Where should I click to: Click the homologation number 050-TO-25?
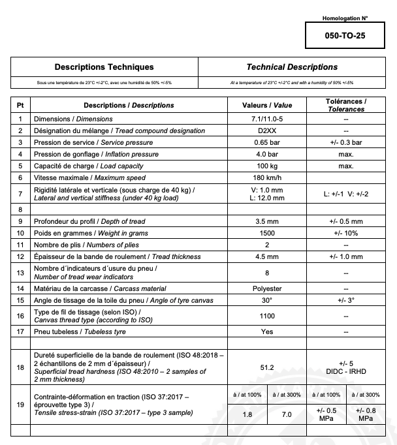pos(345,36)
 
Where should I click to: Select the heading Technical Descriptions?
pos(292,67)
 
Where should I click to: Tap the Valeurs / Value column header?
pos(267,105)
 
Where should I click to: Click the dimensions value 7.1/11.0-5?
pos(267,119)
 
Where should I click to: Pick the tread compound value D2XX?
pos(267,130)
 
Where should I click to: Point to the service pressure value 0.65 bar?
pos(267,142)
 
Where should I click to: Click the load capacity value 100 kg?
pos(267,166)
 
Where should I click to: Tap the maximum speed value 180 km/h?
pos(267,177)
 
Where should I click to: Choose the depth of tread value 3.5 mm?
pos(267,221)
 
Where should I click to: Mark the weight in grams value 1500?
pos(267,233)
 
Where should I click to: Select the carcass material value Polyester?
pos(267,288)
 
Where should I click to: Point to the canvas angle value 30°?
pos(267,300)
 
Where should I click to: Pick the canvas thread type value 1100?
pos(267,316)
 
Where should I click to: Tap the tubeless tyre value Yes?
pos(267,331)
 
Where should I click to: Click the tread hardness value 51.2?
pos(267,367)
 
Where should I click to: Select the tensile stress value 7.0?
pos(287,414)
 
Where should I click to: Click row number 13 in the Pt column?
pos(20,273)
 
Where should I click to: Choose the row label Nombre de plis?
pos(59,245)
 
